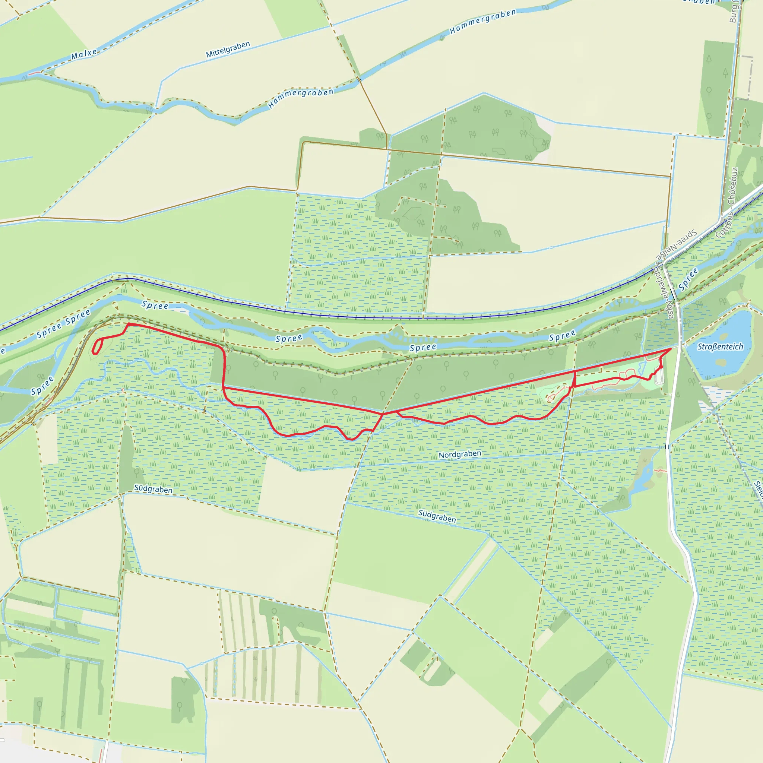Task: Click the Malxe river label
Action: [84, 54]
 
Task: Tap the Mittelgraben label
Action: [228, 50]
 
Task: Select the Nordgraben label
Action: [460, 455]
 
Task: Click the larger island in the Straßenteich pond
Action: [721, 362]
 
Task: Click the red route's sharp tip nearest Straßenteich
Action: [671, 349]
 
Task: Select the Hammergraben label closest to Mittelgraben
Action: [301, 98]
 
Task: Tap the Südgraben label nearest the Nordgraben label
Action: [437, 516]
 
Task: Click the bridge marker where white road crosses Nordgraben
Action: [667, 447]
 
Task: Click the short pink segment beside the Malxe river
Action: [34, 73]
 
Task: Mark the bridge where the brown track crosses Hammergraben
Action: [360, 80]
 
